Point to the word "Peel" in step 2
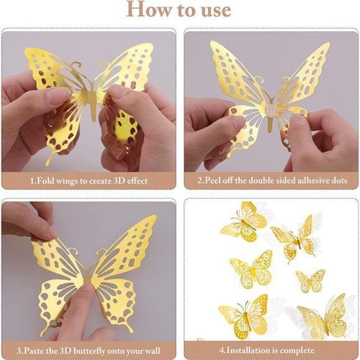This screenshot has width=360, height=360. click(216, 181)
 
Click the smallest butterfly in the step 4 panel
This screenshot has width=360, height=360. click(310, 281)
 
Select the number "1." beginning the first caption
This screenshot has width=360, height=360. click(33, 181)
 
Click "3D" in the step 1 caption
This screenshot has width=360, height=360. click(116, 181)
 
